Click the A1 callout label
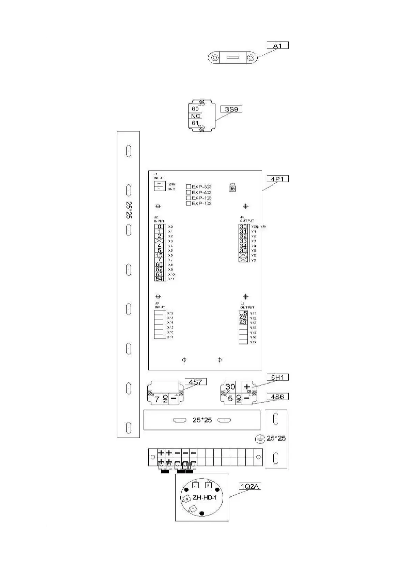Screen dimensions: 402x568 tap(277, 45)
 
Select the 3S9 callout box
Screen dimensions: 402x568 tap(232, 109)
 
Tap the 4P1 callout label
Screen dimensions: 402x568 tap(277, 179)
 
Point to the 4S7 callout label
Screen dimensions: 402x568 tap(195, 382)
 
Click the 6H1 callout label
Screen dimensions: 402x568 tap(277, 377)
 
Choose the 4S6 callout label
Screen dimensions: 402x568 tap(277, 397)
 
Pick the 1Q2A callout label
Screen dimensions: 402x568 tap(250, 486)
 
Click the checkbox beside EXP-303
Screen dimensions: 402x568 tap(189, 187)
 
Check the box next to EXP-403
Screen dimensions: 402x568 tap(189, 192)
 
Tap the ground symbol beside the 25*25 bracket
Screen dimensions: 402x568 tap(259, 439)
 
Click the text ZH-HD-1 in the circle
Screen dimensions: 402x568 tap(205, 498)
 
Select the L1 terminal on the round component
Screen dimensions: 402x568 tap(196, 485)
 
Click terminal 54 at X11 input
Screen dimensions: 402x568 tap(159, 279)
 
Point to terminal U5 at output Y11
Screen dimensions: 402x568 tap(243, 313)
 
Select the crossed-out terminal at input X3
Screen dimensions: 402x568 tap(159, 241)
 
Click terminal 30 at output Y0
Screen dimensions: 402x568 tap(243, 227)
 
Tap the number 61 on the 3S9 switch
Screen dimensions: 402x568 tap(195, 123)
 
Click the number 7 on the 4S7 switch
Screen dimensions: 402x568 tap(157, 399)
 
